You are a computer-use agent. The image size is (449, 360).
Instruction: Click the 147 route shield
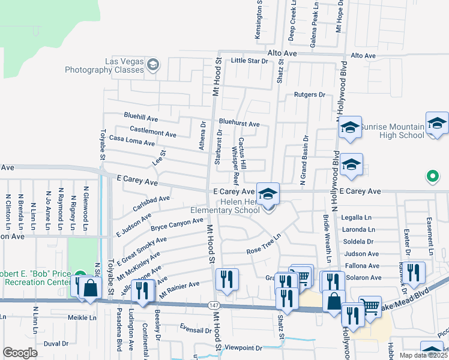coord(214,305)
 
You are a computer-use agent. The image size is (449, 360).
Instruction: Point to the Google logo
coord(20,352)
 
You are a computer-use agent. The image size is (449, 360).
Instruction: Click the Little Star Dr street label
coord(249,61)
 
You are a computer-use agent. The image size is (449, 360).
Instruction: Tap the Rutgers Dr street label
coord(309,95)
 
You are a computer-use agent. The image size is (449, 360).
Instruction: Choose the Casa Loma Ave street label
coord(131,141)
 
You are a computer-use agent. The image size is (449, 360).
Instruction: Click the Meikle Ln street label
coord(83,317)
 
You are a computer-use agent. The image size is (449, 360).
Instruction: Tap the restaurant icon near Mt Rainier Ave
coord(227,279)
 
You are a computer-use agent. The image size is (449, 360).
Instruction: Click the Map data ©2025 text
coord(423,355)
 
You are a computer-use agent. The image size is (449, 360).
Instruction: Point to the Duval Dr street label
coord(56,344)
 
